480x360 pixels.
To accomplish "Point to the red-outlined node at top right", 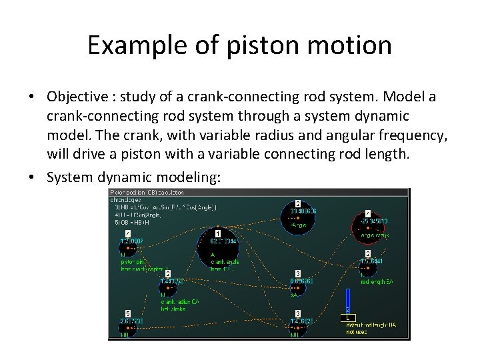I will point(369,225).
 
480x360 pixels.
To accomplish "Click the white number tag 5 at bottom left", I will point(127,313).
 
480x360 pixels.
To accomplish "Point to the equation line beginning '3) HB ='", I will point(163,207).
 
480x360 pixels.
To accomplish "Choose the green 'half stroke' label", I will point(173,309).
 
